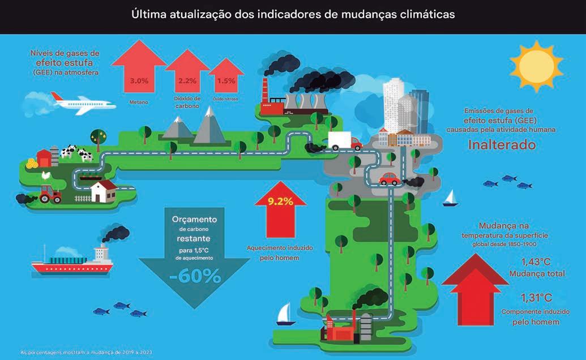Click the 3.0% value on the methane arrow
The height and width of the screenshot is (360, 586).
click(x=139, y=81)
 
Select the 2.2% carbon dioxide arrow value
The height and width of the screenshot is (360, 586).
click(x=186, y=81)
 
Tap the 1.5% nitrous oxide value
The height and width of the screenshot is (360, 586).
click(x=226, y=81)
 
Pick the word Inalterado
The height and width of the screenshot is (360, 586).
click(x=502, y=144)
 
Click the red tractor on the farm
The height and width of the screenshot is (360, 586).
click(x=52, y=194)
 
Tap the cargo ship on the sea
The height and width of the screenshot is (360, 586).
click(x=72, y=260)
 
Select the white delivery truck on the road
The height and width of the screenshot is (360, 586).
click(x=343, y=141)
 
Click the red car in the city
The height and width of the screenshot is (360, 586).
click(x=389, y=179)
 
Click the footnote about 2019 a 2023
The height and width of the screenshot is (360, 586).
click(x=86, y=352)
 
